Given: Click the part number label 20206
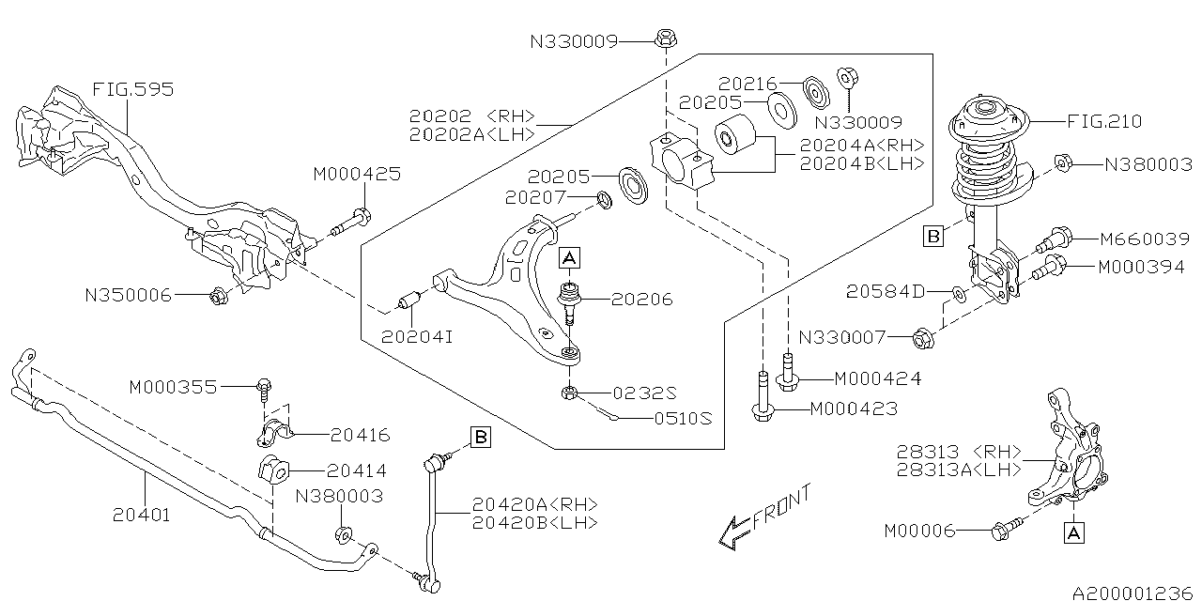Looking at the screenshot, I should click(641, 300).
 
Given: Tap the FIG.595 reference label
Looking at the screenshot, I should click(132, 90).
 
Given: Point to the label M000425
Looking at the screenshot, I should click(357, 174).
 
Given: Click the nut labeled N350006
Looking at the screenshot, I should click(217, 296).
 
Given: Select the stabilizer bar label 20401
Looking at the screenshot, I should click(142, 514).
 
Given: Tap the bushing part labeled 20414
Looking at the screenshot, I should click(270, 470).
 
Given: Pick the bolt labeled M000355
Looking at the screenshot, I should click(263, 386).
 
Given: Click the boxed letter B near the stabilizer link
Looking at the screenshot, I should click(480, 437).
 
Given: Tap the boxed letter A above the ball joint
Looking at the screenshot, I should click(570, 255).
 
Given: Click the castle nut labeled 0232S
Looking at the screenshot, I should click(569, 392).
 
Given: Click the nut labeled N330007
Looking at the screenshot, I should click(922, 335).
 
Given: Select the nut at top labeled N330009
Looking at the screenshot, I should click(664, 39).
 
